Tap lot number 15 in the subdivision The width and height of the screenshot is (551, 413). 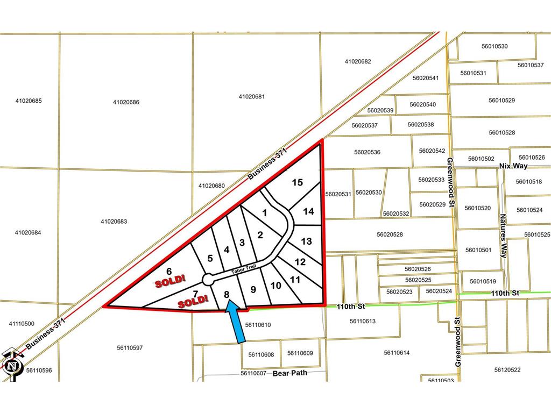click(297, 183)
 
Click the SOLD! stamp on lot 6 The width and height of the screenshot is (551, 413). click(171, 279)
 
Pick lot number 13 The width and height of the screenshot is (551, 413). click(306, 241)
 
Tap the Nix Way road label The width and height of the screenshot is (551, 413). click(513, 166)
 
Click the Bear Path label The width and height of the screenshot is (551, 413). click(289, 373)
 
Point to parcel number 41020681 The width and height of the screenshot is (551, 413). click(252, 97)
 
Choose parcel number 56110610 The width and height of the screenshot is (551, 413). click(258, 325)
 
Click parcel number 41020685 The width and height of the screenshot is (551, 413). click(29, 101)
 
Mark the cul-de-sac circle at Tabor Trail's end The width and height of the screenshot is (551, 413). click(208, 279)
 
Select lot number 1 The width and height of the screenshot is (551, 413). click(264, 212)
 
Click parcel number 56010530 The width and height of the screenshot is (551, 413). click(495, 46)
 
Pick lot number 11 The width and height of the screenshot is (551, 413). click(295, 280)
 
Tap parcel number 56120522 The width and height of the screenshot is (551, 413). click(507, 370)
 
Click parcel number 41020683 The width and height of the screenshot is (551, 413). click(114, 221)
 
